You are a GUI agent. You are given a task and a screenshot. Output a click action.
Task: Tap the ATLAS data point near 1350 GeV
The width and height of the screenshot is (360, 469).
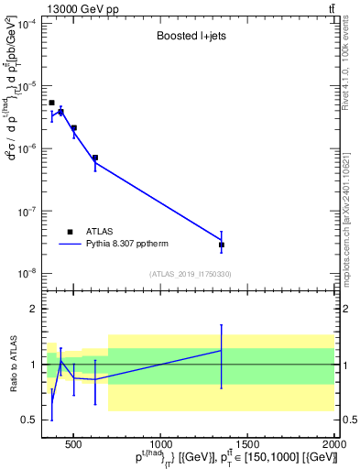tap(222, 245)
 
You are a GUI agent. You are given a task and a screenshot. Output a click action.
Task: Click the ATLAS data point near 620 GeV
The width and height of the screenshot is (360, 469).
tap(95, 158)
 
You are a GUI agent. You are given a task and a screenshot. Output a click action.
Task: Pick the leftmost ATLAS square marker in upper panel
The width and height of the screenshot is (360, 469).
tap(51, 103)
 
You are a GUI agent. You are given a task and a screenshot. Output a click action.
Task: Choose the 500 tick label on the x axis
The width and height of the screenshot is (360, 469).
tap(75, 445)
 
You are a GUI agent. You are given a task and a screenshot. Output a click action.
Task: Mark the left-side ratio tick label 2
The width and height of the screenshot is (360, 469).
tap(32, 310)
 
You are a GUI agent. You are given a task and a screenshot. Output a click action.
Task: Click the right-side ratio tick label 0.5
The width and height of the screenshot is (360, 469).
tap(349, 420)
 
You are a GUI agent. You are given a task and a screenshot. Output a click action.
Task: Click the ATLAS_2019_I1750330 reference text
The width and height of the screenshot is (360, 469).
tap(191, 274)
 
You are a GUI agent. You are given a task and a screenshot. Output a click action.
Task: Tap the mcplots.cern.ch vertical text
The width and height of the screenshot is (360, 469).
tap(352, 211)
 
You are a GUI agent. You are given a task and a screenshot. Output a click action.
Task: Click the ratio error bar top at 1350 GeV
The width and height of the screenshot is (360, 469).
tap(222, 324)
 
